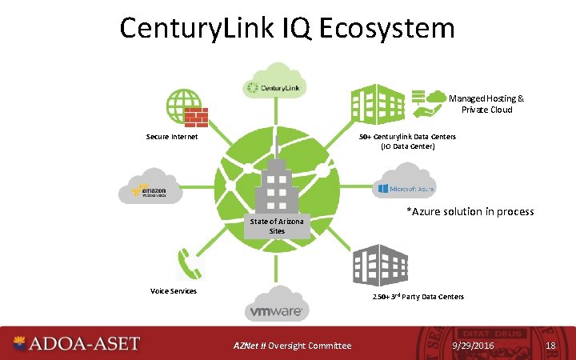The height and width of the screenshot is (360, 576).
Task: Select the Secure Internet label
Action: click(171, 137)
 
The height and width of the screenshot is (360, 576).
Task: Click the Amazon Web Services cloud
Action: click(151, 189)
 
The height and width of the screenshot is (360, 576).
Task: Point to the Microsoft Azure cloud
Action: click(406, 187)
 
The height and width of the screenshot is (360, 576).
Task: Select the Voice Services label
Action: click(174, 290)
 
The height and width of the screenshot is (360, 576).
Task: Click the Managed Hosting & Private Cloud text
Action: click(486, 104)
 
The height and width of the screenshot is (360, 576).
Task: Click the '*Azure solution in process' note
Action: click(470, 211)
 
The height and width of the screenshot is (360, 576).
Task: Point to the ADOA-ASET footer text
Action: click(84, 344)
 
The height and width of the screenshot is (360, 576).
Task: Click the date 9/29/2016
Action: click(473, 345)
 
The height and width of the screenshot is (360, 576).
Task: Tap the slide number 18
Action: click(550, 345)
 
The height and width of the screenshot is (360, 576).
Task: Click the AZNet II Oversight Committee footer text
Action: click(292, 346)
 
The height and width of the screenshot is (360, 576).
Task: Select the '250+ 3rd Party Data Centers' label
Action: click(418, 297)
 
